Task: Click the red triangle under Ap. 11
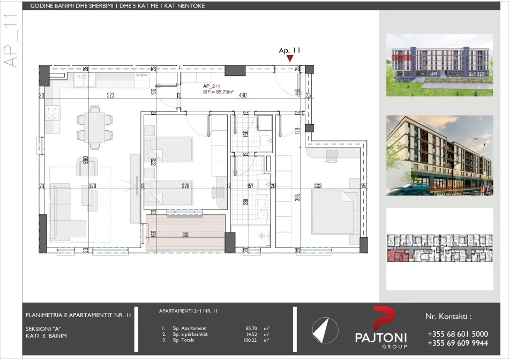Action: (x=290, y=58)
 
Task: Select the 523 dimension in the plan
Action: (x=111, y=96)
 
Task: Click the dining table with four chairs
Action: (x=94, y=126)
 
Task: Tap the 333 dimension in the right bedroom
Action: (x=318, y=186)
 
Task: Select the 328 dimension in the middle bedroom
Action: (x=186, y=186)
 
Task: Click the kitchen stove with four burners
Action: (x=53, y=112)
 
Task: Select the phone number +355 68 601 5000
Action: (x=458, y=333)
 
